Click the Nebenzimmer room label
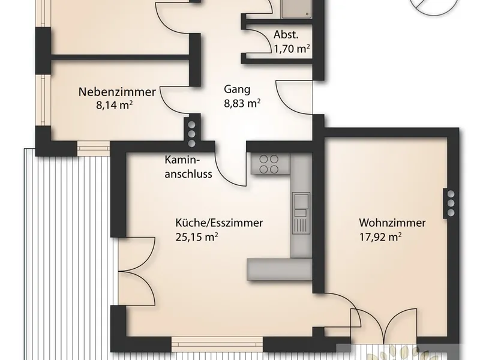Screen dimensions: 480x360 [117, 92]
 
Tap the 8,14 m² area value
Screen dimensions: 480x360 [114, 106]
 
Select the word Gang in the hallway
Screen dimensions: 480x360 [237, 89]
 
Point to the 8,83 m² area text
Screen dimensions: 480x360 [242, 103]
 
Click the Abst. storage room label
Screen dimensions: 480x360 [286, 35]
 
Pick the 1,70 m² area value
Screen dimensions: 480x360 [292, 49]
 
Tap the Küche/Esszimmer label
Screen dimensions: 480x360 [219, 223]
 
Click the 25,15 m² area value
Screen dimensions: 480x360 [197, 237]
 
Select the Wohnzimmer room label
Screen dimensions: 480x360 [392, 223]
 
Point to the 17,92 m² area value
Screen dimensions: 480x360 [380, 237]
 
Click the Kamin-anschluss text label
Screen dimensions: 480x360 [188, 167]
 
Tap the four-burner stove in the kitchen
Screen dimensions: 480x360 [269, 164]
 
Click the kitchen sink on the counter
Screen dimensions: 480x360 [301, 213]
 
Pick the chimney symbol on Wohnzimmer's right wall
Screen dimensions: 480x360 [451, 203]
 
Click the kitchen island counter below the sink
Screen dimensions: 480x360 [280, 269]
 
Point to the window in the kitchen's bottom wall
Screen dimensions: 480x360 [217, 344]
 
